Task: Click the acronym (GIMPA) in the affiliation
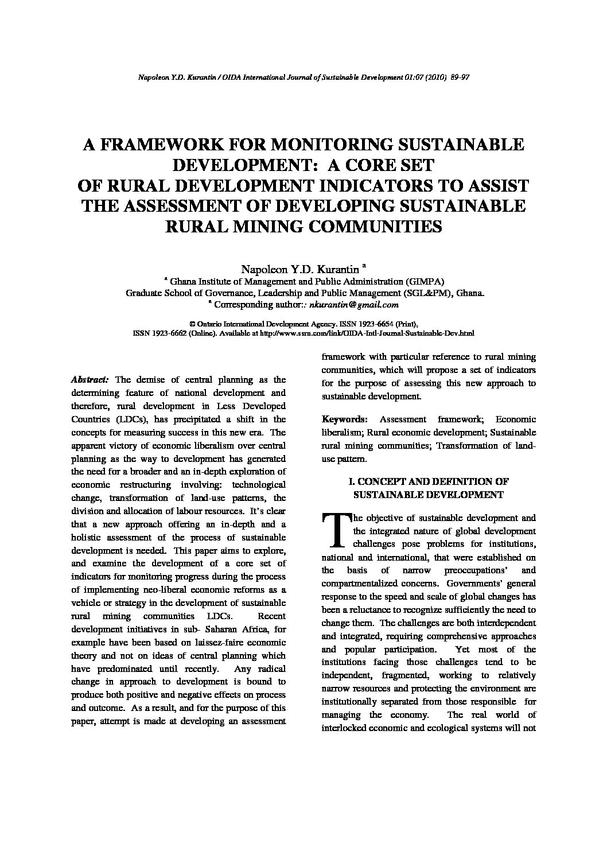pos(425,281)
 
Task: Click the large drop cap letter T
pos(336,530)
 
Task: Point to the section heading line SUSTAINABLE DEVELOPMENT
pos(428,495)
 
